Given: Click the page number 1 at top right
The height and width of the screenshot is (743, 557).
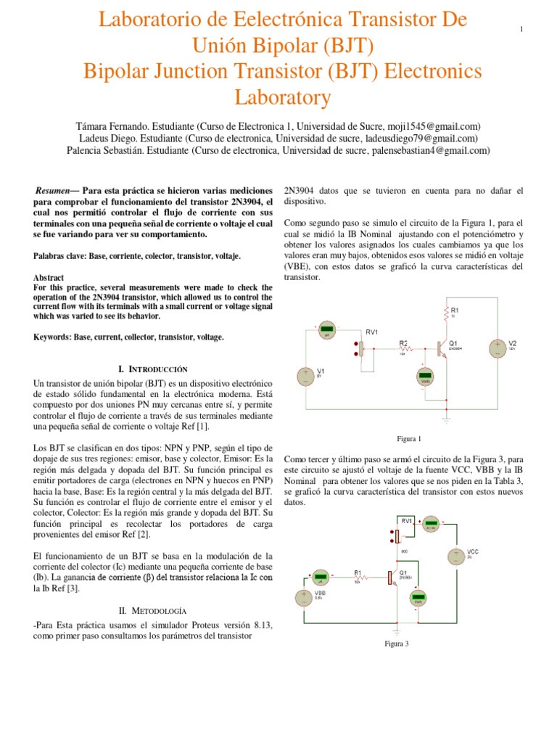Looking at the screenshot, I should [521, 28].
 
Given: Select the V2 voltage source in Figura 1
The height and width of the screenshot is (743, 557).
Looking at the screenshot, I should [497, 349].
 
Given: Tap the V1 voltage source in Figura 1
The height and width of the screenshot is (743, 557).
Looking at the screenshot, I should [305, 376].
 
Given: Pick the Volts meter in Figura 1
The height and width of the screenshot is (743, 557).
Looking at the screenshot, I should [426, 376].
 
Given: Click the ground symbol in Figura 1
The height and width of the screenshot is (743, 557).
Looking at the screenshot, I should [447, 419].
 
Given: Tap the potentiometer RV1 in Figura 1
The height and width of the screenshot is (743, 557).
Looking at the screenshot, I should [361, 348].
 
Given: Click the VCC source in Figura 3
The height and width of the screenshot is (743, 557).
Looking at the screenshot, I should [455, 557].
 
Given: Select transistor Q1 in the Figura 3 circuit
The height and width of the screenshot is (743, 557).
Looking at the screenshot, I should [392, 578].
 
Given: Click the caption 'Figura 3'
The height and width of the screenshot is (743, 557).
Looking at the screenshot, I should [397, 644].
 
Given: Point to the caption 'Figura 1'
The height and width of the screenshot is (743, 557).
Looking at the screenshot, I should [409, 439].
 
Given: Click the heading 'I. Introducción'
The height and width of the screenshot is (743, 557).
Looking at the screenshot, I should [152, 369].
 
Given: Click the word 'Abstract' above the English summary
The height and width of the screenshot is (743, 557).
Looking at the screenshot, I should [49, 278].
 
